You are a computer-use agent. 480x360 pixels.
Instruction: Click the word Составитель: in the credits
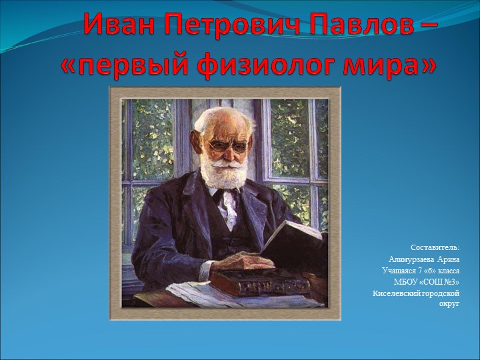click(435, 247)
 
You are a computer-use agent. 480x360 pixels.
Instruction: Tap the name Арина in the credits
click(448, 259)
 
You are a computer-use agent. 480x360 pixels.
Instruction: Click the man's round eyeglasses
click(228, 146)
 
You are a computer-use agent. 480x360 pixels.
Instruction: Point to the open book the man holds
click(294, 247)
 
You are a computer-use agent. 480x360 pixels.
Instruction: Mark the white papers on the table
click(196, 295)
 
